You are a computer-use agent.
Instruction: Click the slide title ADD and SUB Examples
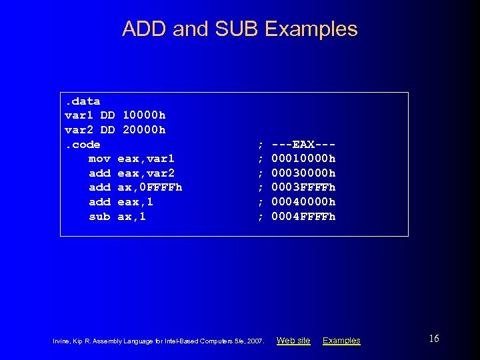point(240,29)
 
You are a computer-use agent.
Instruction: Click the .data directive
point(82,101)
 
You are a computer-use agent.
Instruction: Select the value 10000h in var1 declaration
point(144,115)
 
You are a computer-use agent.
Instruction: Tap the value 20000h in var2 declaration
point(144,129)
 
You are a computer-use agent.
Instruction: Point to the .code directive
point(82,144)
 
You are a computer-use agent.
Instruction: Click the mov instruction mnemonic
point(99,159)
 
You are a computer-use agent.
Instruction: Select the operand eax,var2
point(146,173)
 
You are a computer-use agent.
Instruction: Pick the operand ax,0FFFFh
point(149,187)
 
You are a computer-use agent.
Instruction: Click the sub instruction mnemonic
point(99,217)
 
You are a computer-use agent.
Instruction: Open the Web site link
point(293,341)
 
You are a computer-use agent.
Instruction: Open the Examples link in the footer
point(341,341)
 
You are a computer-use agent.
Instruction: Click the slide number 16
point(434,339)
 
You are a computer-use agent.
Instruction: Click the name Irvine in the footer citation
point(61,341)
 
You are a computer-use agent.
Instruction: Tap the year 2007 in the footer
point(256,341)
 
